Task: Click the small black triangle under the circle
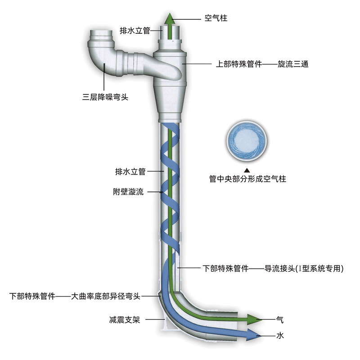(246, 170)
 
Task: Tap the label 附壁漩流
(128, 192)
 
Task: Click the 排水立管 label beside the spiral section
(130, 171)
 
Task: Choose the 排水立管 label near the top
(135, 31)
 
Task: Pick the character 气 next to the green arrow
(280, 320)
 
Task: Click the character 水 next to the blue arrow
(280, 335)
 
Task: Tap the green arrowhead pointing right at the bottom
(255, 319)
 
